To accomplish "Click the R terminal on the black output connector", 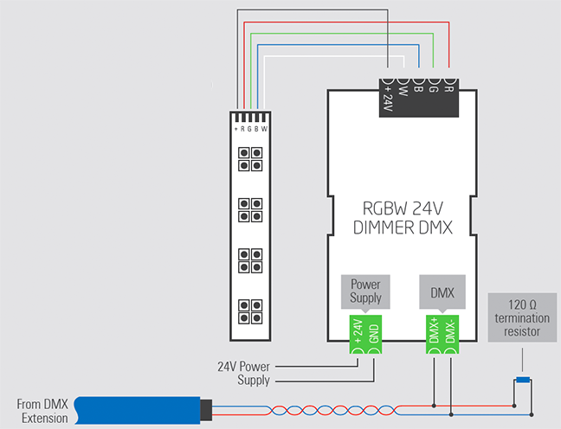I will [x=448, y=86].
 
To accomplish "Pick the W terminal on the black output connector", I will [x=403, y=86].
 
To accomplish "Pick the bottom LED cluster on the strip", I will [x=251, y=312].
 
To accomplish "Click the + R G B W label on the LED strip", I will [x=251, y=130].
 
